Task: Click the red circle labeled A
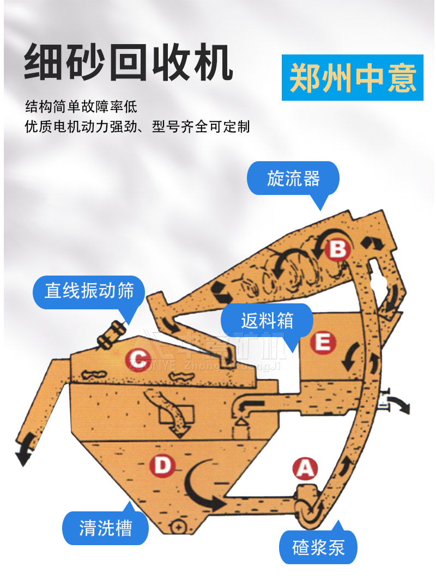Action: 305,468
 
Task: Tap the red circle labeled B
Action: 338,249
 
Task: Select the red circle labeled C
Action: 138,359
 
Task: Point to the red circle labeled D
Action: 162,466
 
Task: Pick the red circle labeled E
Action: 322,343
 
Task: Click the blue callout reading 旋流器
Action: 293,179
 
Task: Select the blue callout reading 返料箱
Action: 267,320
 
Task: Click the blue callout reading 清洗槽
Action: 106,527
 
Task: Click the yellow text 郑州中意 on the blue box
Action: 353,78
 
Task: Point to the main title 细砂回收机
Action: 129,64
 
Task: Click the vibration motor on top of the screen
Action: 112,333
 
